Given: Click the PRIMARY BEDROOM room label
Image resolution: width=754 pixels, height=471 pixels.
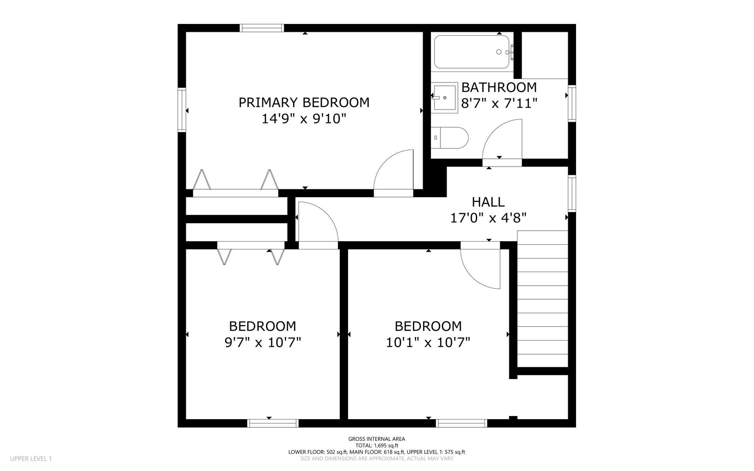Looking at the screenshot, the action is point(304,102).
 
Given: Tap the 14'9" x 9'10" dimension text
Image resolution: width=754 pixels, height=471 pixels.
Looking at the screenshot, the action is point(304,119).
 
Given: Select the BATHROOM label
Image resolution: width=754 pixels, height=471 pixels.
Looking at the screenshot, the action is point(499,87).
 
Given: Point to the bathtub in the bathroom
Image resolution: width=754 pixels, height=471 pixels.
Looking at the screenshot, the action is point(472,52).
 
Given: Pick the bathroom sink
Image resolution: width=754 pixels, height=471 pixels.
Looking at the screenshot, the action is point(444,98).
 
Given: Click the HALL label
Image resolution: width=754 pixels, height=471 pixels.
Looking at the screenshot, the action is point(488,202).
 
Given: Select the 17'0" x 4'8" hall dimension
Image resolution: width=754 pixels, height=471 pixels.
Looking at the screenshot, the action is point(488,218).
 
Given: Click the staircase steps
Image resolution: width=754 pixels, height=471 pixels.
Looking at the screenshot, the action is point(542,299).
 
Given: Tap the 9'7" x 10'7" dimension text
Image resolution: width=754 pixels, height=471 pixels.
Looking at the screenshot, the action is point(263,342).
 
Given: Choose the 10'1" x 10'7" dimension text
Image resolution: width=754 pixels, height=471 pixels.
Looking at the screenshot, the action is point(428,342).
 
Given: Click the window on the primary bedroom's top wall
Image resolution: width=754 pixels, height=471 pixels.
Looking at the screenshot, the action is point(262,28).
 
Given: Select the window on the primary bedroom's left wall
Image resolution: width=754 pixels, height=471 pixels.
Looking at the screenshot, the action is point(182,109).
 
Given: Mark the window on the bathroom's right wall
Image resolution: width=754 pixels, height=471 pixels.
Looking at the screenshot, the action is point(572,103).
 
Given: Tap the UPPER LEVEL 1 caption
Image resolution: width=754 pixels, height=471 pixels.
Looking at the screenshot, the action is point(31,458).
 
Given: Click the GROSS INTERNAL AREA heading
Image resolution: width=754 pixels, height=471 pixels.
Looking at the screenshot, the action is point(377,439).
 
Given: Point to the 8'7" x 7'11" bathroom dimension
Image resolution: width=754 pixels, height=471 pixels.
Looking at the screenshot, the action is point(499,103).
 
